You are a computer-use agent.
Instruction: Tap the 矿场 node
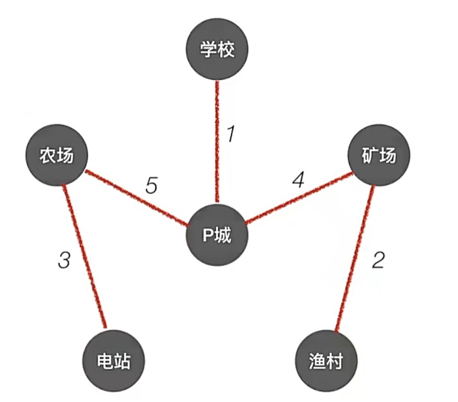coord(379,156)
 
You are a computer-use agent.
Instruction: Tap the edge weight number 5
coord(151,186)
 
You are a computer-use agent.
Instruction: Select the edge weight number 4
coord(298,180)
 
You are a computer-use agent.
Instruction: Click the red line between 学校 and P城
coord(218,143)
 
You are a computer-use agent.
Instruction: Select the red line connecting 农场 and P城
coord(137,199)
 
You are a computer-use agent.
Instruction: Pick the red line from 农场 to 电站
coord(84,255)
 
